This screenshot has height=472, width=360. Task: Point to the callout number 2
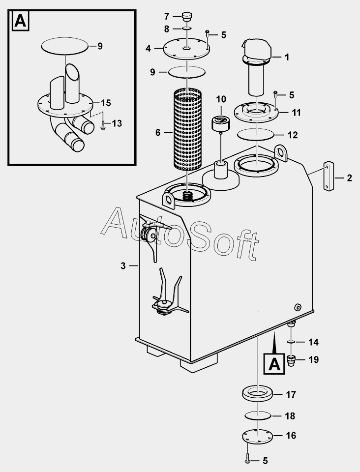(350, 178)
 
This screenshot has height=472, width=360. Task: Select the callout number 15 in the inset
(106, 103)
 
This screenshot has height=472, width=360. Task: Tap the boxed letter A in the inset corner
(19, 21)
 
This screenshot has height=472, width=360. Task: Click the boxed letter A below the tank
(274, 364)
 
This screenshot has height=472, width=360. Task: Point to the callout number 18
(290, 416)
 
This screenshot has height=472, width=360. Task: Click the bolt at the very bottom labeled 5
(248, 461)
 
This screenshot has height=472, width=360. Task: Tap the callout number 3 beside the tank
(123, 266)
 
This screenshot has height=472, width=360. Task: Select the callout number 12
(293, 134)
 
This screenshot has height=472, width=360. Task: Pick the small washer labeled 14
(290, 341)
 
